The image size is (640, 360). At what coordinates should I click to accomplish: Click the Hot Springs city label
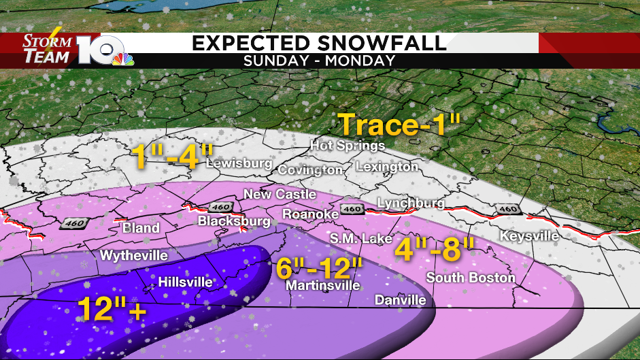(348, 146)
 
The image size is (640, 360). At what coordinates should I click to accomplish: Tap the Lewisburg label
(239, 164)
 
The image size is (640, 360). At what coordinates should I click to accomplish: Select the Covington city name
(310, 169)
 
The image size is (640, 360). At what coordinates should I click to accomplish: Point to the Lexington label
(386, 167)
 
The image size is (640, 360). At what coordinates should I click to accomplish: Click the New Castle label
(280, 195)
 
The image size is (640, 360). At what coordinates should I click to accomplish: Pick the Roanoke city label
(311, 214)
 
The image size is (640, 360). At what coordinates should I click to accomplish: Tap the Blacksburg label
(234, 221)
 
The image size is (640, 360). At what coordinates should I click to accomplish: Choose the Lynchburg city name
(411, 203)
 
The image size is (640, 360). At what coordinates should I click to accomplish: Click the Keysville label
(529, 236)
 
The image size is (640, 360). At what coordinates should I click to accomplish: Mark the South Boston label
(471, 278)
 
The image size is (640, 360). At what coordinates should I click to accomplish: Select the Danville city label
(401, 300)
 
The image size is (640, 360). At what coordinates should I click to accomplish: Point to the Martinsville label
(322, 286)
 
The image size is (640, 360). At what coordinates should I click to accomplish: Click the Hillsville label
(185, 282)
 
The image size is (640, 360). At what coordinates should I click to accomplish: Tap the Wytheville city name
(134, 256)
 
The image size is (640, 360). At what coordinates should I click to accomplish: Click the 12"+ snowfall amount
(112, 310)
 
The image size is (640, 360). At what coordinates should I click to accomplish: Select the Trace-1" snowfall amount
(400, 125)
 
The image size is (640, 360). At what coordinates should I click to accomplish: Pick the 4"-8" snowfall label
(435, 250)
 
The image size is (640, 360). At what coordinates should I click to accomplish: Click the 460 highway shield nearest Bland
(72, 223)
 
